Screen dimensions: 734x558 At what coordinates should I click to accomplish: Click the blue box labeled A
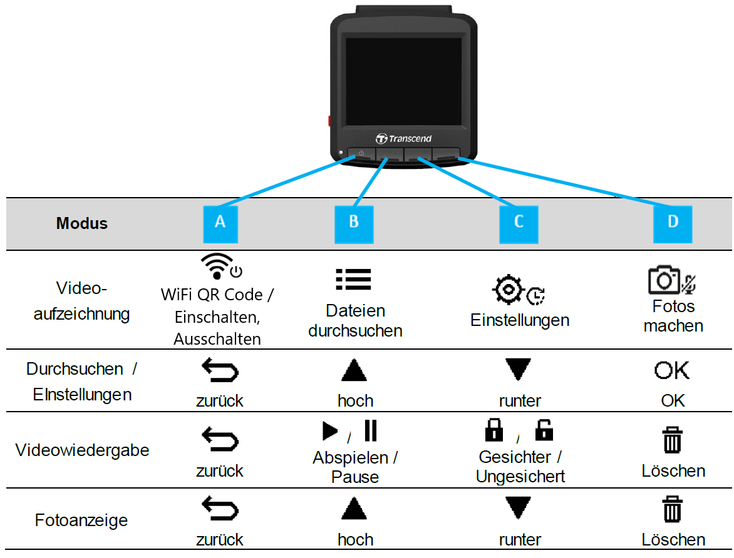coord(220,224)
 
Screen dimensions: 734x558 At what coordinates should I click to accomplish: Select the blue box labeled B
coord(354,224)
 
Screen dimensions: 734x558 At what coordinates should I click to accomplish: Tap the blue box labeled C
coord(519,224)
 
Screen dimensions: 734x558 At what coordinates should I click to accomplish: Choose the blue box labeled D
coord(673,224)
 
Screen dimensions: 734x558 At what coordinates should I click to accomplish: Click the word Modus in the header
coord(82,223)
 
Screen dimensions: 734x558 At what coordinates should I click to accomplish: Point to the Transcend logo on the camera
coord(403,138)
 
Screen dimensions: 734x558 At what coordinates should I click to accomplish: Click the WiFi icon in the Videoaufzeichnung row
coord(217,266)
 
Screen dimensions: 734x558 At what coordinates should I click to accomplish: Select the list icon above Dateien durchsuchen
coord(353,279)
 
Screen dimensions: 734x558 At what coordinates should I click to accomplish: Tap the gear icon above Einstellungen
coord(507,290)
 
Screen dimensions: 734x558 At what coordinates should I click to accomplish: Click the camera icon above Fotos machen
coord(664,280)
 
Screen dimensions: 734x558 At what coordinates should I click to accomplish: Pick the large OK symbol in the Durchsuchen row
coord(672,370)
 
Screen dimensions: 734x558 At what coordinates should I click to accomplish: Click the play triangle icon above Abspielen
coord(330,431)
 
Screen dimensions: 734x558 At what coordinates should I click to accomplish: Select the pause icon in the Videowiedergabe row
coord(370,430)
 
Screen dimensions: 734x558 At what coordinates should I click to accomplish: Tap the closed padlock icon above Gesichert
coord(494,430)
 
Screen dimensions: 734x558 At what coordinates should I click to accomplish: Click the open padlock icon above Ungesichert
coord(544,430)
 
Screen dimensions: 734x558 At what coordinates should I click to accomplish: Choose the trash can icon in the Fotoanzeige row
coord(672,509)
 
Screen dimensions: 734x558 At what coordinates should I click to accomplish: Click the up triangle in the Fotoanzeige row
coord(354,509)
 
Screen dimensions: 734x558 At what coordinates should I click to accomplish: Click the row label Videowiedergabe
coord(83,450)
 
